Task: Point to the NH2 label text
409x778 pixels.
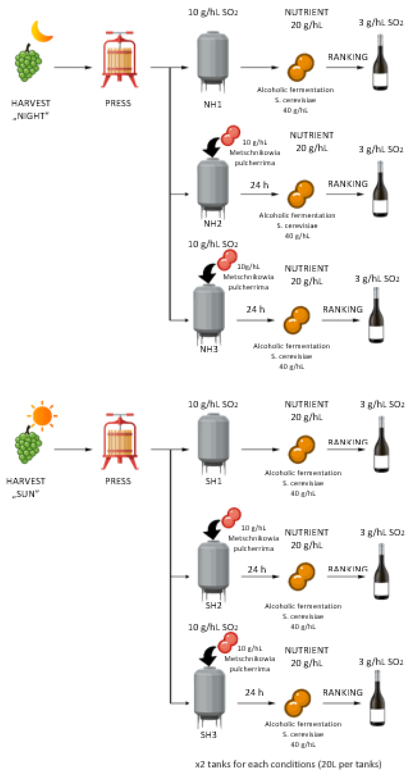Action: click(213, 223)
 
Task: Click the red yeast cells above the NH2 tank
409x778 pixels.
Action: click(230, 135)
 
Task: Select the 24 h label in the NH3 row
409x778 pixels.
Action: click(255, 309)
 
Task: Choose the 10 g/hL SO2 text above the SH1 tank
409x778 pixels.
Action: click(213, 404)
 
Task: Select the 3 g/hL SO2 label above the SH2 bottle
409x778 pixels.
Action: click(382, 532)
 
